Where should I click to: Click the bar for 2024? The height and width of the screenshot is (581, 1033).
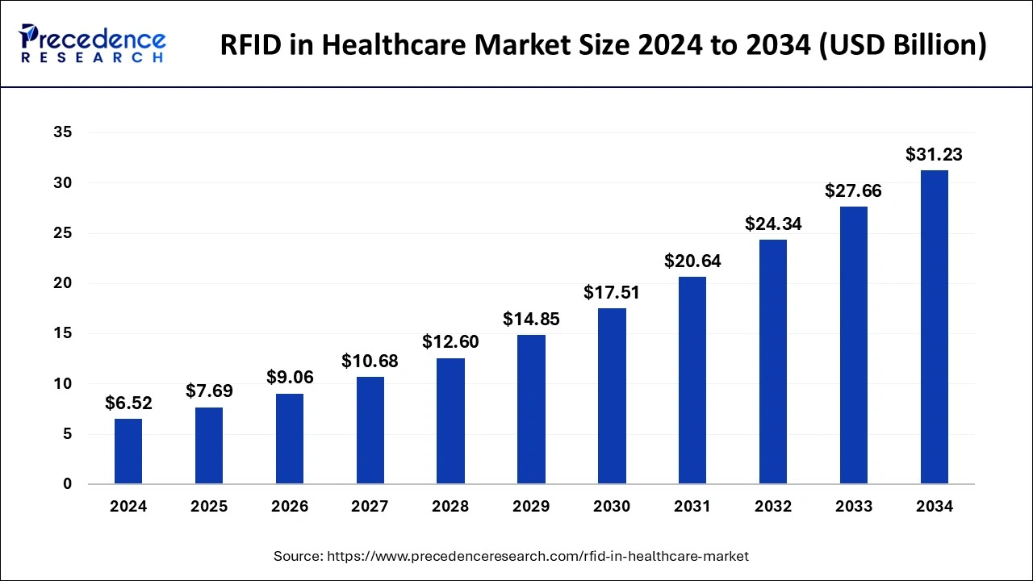point(128,451)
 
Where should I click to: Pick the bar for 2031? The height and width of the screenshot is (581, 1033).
point(692,380)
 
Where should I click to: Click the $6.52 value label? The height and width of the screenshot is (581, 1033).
point(128,403)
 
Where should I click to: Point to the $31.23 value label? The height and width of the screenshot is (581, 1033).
point(934,154)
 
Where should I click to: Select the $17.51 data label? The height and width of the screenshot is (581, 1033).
point(612,292)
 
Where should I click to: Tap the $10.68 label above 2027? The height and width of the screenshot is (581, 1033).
point(370,361)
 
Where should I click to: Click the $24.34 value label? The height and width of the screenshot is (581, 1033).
point(773,224)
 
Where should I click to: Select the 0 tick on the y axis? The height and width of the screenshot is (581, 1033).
point(67,484)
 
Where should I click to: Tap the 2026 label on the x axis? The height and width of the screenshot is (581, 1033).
point(290,507)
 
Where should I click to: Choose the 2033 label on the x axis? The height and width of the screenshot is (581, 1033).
point(854,507)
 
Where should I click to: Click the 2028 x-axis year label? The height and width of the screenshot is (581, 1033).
point(450,507)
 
